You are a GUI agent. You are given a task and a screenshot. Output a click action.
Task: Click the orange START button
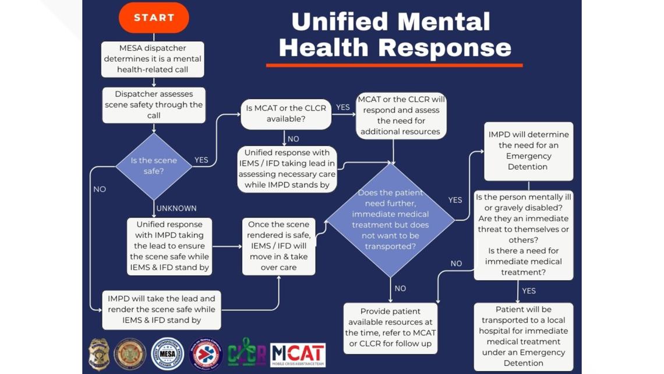(x=154, y=18)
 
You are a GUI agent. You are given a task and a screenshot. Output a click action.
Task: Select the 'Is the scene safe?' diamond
(x=154, y=166)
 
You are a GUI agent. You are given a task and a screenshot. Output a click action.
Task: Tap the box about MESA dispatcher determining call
(x=153, y=59)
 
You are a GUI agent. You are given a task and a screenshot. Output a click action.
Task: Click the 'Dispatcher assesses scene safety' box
(x=154, y=105)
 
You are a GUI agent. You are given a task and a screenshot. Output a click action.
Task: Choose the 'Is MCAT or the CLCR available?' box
(x=286, y=114)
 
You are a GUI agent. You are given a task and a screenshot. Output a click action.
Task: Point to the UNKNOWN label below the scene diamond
(x=176, y=208)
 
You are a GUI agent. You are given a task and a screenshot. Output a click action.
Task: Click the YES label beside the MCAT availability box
(x=343, y=107)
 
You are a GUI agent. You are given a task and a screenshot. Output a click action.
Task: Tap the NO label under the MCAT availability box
(x=293, y=139)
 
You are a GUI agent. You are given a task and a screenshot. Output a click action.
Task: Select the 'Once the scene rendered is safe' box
(x=278, y=246)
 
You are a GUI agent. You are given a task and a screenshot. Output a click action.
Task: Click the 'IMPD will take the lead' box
(x=161, y=309)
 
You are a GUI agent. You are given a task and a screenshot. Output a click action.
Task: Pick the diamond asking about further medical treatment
(x=390, y=219)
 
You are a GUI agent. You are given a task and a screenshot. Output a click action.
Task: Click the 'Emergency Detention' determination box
(x=528, y=151)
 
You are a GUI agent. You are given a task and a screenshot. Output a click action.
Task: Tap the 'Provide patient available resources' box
(x=390, y=327)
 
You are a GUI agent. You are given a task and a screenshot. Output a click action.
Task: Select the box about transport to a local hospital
(x=523, y=336)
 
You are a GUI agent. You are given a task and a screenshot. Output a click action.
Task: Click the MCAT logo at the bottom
(x=298, y=354)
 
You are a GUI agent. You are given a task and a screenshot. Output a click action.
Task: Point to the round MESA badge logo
(x=168, y=354)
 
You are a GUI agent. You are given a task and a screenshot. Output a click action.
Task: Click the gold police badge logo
(x=98, y=354)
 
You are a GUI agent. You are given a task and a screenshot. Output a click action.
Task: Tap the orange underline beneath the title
(x=394, y=65)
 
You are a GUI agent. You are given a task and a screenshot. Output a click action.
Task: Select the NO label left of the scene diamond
(x=100, y=189)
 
